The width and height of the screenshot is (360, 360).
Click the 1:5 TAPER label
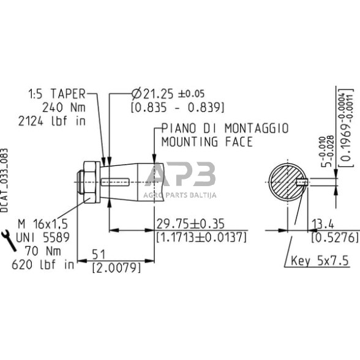57,94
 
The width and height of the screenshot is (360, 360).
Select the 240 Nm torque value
64,107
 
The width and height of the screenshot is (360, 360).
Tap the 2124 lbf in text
52,121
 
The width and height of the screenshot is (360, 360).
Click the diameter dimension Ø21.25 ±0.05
168,94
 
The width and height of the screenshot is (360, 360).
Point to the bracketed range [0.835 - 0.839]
178,108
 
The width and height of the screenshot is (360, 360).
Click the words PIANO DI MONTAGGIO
225,129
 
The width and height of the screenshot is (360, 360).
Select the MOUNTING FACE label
207,141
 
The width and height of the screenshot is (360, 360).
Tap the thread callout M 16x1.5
43,224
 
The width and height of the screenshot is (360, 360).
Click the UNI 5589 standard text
43,238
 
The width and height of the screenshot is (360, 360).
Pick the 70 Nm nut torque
43,251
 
